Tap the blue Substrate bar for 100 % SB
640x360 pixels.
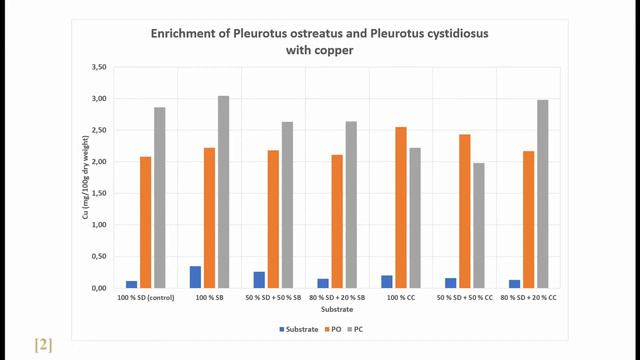pos(195,277)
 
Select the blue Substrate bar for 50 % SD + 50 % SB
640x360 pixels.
pos(259,279)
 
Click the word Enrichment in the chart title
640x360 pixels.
pos(187,33)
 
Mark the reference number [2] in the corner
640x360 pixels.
pos(42,345)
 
